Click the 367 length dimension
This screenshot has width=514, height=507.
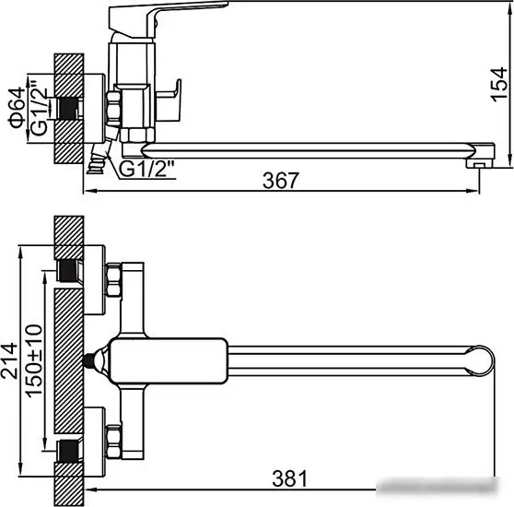click(281, 181)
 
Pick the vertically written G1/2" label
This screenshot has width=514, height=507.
click(40, 108)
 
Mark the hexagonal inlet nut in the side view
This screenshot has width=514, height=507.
click(115, 107)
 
